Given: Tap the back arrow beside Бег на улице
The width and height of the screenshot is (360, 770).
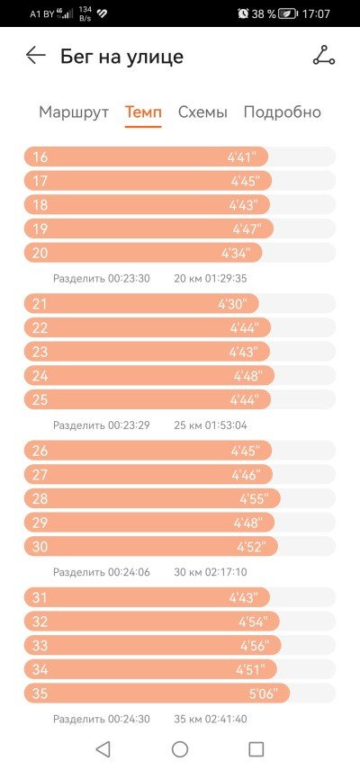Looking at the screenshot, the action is click(x=36, y=55).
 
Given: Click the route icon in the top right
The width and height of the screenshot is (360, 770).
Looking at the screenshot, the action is click(x=324, y=55).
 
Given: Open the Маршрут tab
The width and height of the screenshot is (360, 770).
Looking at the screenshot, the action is click(x=74, y=112).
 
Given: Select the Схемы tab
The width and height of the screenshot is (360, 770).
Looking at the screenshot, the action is click(x=202, y=112).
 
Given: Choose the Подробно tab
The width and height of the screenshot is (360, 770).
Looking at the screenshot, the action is click(x=283, y=112).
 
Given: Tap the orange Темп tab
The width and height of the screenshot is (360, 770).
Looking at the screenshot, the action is click(x=143, y=112).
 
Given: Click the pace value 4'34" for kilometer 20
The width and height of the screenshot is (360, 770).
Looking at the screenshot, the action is click(x=236, y=253).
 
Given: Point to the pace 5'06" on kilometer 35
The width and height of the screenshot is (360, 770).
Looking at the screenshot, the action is click(x=263, y=694).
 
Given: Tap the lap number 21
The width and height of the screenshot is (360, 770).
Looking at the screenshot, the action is click(x=40, y=304).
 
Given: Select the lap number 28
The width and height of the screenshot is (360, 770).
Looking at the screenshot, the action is click(x=40, y=499).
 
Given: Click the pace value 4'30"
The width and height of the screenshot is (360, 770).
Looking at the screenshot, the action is click(x=232, y=304).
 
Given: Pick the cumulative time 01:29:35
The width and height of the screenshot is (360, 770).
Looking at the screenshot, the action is click(x=227, y=279).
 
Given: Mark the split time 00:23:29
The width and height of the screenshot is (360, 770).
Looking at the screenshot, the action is click(x=129, y=425).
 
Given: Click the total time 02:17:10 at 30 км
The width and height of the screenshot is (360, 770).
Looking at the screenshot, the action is click(x=227, y=572).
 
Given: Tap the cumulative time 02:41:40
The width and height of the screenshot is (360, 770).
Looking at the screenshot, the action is click(x=227, y=719).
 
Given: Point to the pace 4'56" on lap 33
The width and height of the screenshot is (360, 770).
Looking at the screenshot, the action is click(x=255, y=645).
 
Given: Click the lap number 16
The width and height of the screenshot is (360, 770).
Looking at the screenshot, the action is click(x=40, y=157).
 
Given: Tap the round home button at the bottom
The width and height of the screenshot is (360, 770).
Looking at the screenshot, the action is click(x=180, y=749).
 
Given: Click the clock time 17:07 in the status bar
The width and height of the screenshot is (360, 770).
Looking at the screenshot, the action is click(x=315, y=13).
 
